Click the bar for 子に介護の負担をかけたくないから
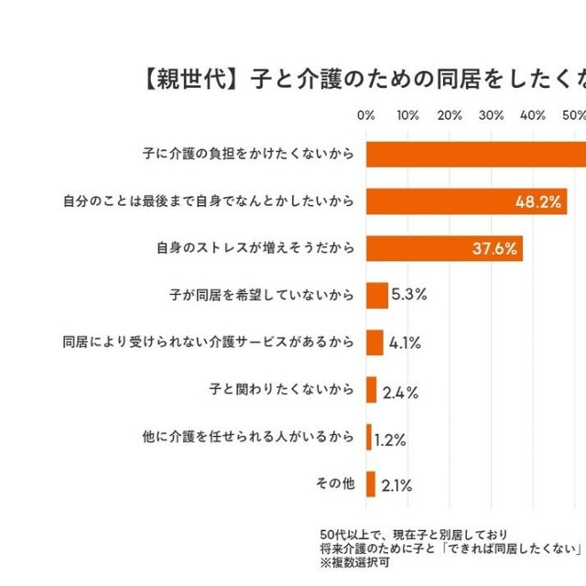coord(476,154)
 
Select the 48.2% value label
coord(538,201)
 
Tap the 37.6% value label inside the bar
coord(495,249)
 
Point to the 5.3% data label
coord(409,296)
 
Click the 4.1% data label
coord(405,343)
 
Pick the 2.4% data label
coord(400,392)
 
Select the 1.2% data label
coord(390,439)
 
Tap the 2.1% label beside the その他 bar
coord(396,485)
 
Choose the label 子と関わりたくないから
coord(281,390)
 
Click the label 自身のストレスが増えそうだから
coord(255,248)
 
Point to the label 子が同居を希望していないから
coord(261,296)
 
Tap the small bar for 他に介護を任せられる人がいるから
coord(369,438)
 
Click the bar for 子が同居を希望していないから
coord(377,296)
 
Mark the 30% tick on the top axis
coord(492,115)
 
